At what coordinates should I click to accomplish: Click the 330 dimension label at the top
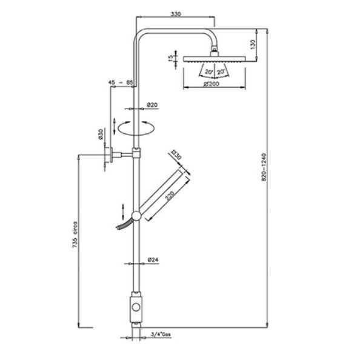coord(176,14)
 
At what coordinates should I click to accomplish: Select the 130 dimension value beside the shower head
coord(252,44)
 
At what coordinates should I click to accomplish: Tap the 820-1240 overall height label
coord(264,167)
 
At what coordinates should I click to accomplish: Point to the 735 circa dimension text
coord(75,235)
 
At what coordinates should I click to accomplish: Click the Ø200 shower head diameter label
coord(212,84)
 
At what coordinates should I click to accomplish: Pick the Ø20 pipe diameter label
coord(152,105)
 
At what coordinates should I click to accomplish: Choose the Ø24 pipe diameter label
coord(153,260)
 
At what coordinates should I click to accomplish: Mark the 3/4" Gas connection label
coord(161,335)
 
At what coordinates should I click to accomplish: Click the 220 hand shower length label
coord(170,196)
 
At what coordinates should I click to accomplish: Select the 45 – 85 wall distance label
coord(121,82)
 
